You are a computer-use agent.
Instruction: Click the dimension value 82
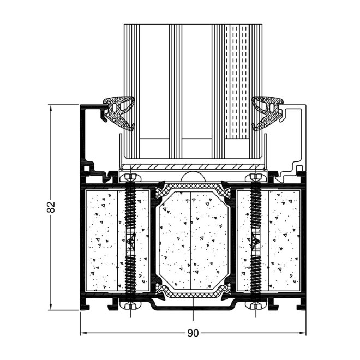pyautogui.click(x=52, y=207)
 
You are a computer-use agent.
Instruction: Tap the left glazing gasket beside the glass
pyautogui.click(x=119, y=111)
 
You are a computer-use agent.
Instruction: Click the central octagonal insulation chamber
pyautogui.click(x=192, y=240)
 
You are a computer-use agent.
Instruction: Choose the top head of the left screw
pyautogui.click(x=130, y=177)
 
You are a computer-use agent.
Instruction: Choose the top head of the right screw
pyautogui.click(x=254, y=177)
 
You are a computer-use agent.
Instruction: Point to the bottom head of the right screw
pyautogui.click(x=254, y=305)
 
